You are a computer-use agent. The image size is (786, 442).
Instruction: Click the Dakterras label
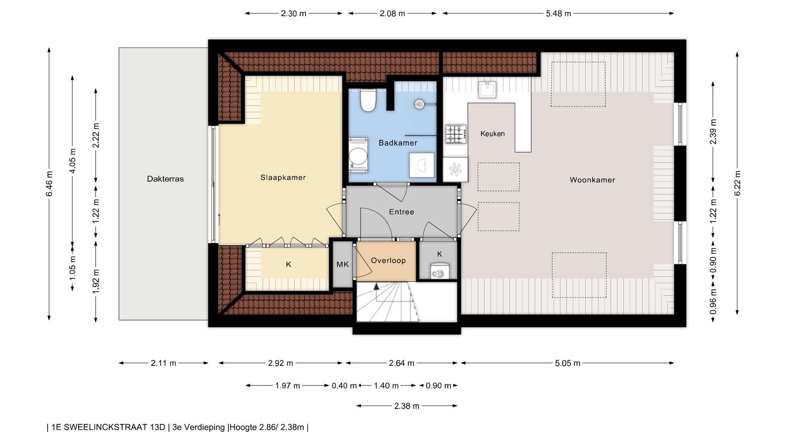(x=165, y=179)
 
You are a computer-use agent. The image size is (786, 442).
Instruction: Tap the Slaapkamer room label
(x=283, y=178)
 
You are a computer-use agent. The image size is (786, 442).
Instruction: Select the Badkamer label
(x=398, y=143)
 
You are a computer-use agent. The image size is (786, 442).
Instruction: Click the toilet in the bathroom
(x=368, y=100)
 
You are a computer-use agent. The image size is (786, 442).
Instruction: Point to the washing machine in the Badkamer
(x=359, y=155)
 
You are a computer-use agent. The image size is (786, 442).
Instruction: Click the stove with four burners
(x=456, y=134)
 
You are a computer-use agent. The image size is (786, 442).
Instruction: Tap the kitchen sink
(x=488, y=90)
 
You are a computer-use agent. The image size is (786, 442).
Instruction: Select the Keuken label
(x=492, y=134)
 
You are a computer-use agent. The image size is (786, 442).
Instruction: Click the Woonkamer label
(x=592, y=180)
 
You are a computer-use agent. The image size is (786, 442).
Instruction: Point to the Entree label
(x=402, y=212)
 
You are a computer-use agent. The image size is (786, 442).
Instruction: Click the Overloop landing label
(x=388, y=261)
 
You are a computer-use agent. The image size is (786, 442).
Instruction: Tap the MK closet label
(x=343, y=264)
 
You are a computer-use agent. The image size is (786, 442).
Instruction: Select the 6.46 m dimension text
(x=50, y=183)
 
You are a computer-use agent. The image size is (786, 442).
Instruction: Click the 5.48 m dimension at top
(x=558, y=14)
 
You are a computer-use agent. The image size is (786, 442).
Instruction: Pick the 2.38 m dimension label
(x=407, y=406)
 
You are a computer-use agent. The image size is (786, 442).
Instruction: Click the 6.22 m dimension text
(x=737, y=183)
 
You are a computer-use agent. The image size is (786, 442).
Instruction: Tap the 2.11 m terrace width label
(x=163, y=363)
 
